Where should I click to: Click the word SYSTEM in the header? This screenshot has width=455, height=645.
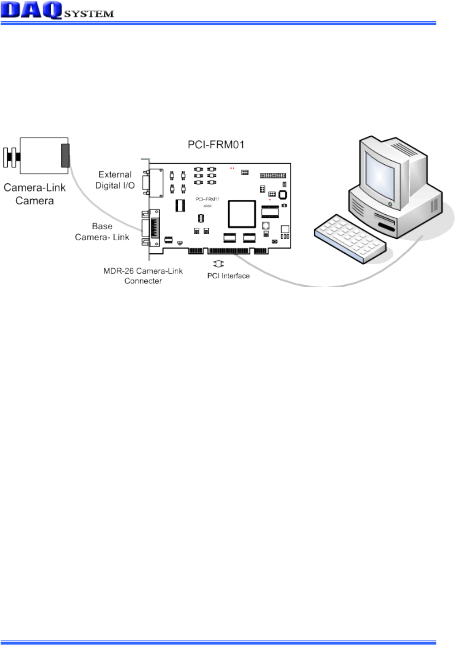pos(88,14)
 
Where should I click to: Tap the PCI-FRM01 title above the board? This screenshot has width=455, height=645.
pos(216,145)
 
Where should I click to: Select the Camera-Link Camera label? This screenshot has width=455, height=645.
pos(34,194)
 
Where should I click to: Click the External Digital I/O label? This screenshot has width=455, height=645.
pos(115,180)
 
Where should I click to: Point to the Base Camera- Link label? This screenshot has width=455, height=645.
pos(102,231)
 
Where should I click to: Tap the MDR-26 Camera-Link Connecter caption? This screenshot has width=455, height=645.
pos(143,276)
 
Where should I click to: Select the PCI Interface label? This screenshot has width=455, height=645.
pos(228,276)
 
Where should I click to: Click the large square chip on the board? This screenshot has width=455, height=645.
pos(241,213)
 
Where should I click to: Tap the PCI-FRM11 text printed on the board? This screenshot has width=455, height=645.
pos(207,199)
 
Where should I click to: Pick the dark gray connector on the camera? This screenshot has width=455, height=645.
pos(65,155)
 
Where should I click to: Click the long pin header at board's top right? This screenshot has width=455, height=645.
pos(273,176)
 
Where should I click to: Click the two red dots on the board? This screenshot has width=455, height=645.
pos(232,168)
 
